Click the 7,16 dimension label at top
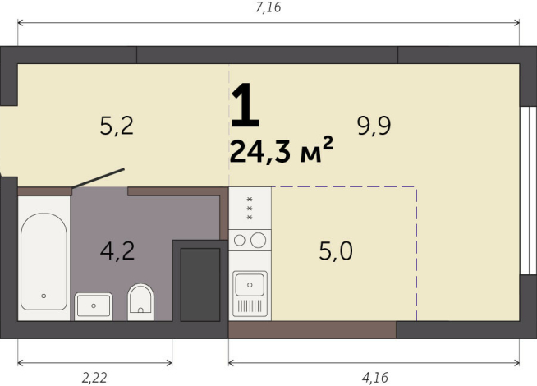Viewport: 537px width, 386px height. point(268,7)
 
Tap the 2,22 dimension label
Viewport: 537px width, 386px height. point(94,378)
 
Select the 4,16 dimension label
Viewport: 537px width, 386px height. point(375,378)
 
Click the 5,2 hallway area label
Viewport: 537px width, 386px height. point(117,126)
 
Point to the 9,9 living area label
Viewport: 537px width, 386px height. point(374,126)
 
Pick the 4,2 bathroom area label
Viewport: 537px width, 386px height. point(117,251)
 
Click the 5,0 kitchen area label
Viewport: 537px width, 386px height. point(336,251)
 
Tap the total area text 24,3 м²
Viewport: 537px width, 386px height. point(281,150)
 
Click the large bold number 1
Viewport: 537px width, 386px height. point(245,106)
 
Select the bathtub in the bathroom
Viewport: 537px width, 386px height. point(44,261)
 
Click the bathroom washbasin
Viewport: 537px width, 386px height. point(94,306)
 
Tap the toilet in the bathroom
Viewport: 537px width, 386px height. point(140,301)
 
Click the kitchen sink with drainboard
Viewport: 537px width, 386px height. point(250,293)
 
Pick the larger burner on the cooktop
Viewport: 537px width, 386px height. point(258,240)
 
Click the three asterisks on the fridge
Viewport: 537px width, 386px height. point(250,209)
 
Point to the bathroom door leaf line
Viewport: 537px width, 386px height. point(98,178)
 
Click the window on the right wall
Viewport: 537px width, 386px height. point(528,191)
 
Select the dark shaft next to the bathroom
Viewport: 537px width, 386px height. point(200,285)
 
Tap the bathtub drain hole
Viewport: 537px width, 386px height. point(44,296)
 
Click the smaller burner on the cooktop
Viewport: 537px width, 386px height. point(240,241)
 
